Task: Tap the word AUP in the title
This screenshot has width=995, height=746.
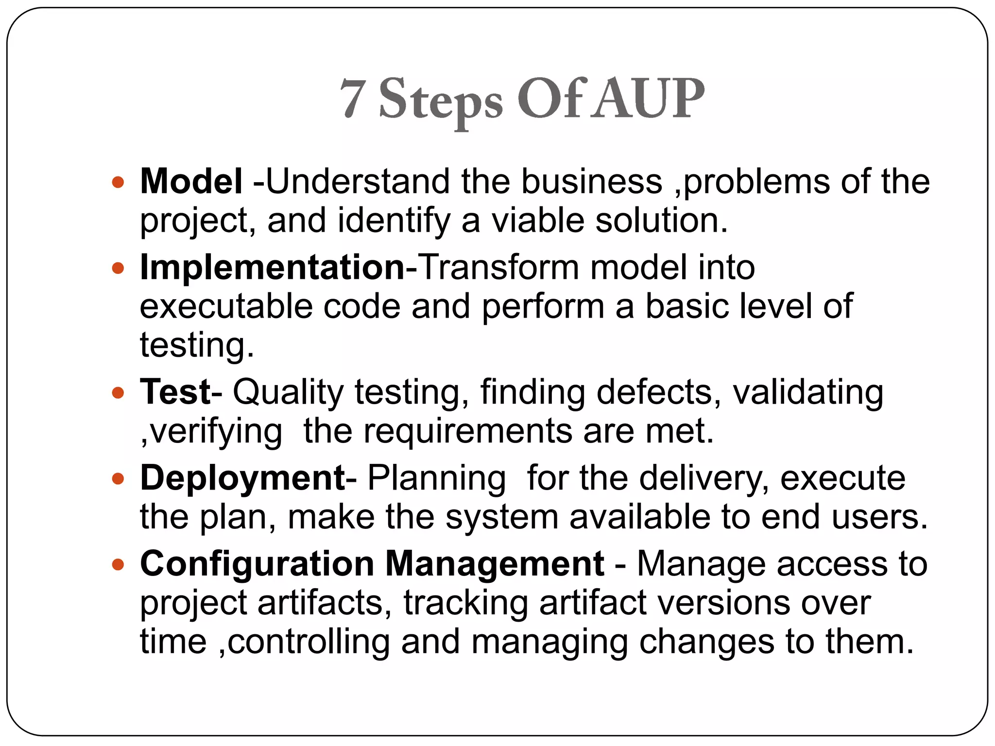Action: click(650, 99)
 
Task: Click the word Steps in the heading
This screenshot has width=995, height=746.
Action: click(440, 101)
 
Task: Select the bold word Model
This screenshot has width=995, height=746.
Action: click(191, 181)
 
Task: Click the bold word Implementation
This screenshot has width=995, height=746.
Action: click(272, 268)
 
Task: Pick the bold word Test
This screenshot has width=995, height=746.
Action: click(175, 391)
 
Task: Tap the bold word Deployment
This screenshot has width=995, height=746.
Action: click(242, 478)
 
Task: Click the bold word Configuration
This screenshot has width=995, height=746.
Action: click(257, 564)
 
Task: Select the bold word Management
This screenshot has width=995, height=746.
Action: click(495, 565)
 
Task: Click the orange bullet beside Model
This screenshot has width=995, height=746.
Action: click(118, 183)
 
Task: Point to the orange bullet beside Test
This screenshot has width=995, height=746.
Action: click(118, 392)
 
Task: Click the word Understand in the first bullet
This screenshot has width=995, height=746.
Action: click(358, 181)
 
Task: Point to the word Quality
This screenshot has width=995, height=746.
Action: click(288, 392)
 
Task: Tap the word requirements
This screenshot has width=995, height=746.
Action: click(468, 431)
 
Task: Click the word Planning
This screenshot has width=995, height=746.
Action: click(436, 479)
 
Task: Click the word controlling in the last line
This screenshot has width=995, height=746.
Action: click(309, 642)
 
